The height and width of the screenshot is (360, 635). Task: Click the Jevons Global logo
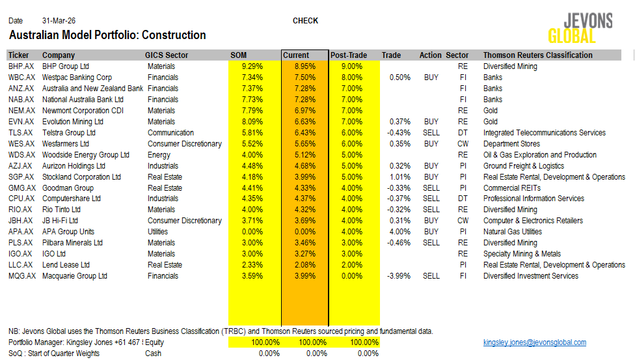[x=580, y=28]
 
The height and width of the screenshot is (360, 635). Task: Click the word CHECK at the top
[x=305, y=21]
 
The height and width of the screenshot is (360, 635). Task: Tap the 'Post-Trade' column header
[x=349, y=55]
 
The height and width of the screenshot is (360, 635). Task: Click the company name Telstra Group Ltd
[x=68, y=133]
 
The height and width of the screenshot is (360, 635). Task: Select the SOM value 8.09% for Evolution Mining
[x=252, y=122]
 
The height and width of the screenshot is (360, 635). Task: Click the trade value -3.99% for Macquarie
[x=399, y=276]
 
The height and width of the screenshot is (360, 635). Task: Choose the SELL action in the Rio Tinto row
[x=431, y=210]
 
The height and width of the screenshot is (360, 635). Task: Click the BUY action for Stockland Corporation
[x=431, y=177]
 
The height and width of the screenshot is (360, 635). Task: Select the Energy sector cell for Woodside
[x=159, y=155]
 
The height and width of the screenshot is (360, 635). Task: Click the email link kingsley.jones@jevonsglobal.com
[x=534, y=342]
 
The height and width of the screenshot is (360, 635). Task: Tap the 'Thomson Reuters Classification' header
[x=537, y=55]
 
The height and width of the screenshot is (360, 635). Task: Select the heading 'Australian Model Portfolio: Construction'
[x=107, y=35]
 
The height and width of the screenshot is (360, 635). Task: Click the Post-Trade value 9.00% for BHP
[x=351, y=66]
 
